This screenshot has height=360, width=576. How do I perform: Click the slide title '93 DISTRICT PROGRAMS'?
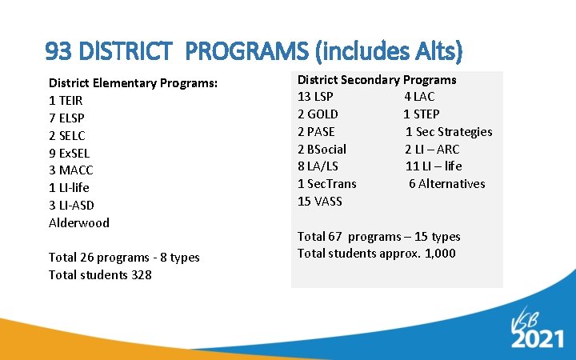tap(254, 53)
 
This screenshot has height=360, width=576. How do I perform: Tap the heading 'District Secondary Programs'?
tap(377, 79)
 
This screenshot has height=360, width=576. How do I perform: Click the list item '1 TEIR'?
tap(66, 101)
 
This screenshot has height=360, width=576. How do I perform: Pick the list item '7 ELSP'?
tap(66, 118)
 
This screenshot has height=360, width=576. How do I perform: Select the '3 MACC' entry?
tap(70, 170)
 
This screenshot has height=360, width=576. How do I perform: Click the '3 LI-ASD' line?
tap(71, 206)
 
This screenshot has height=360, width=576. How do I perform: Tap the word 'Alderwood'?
tap(79, 222)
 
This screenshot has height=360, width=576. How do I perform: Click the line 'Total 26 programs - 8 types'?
tap(124, 258)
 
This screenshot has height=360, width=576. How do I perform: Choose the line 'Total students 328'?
tap(100, 275)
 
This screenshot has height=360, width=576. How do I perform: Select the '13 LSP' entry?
tap(315, 97)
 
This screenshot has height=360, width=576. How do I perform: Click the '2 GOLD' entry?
tap(318, 114)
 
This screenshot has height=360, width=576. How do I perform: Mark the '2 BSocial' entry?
tap(322, 149)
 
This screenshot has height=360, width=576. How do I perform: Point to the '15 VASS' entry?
tap(319, 201)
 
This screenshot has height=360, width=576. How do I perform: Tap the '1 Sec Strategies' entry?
tap(449, 131)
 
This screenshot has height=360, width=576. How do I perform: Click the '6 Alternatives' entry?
tap(446, 183)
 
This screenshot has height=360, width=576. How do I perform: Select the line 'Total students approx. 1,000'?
tap(377, 254)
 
